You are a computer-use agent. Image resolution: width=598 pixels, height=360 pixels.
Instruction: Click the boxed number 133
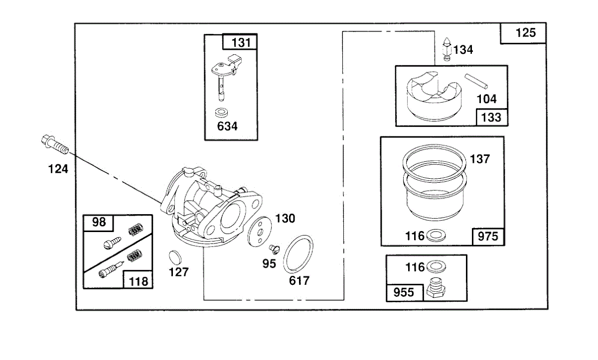coord(491,118)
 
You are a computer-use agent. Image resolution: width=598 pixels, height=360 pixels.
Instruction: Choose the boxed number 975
coord(487,237)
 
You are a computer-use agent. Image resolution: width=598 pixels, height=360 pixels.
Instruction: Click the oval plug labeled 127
coord(174,256)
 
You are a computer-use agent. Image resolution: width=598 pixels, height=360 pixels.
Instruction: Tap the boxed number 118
coord(138,281)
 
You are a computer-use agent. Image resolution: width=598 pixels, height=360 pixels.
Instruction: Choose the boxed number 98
coord(99,222)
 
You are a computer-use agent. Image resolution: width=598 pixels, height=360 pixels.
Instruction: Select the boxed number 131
coord(241,43)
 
